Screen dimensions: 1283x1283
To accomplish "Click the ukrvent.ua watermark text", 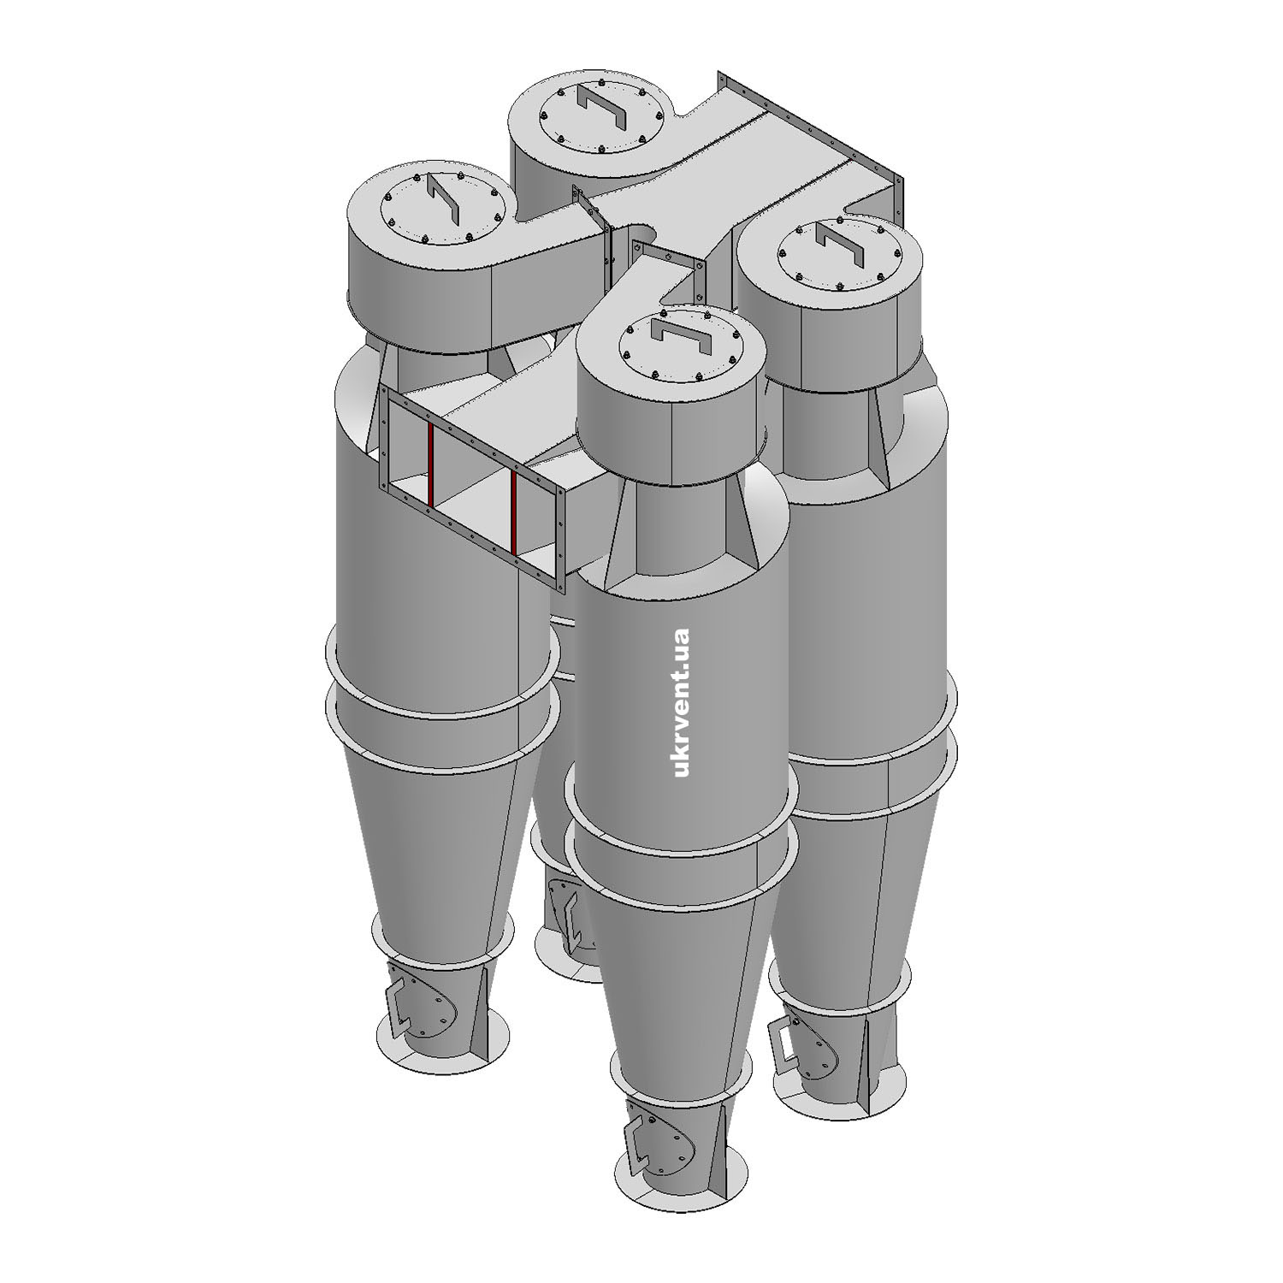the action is coord(682,703).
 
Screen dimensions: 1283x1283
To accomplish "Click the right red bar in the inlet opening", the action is coord(514,510).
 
